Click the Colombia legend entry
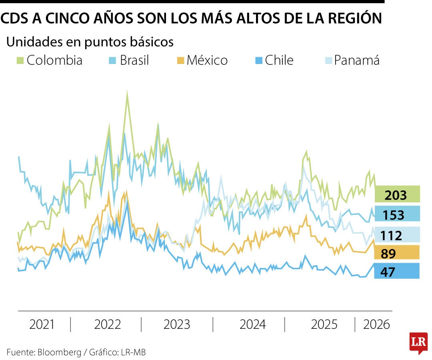point(50,60)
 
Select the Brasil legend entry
point(129,60)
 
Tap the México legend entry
point(202,60)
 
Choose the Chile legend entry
point(274,60)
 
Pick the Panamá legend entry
point(352,60)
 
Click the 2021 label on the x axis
point(42,324)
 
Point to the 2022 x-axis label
point(107,324)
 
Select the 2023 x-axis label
point(177,324)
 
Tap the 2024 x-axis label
point(252,324)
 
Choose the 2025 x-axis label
point(324,324)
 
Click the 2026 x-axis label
point(376,324)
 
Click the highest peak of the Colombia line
point(127,93)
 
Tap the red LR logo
point(418,342)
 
